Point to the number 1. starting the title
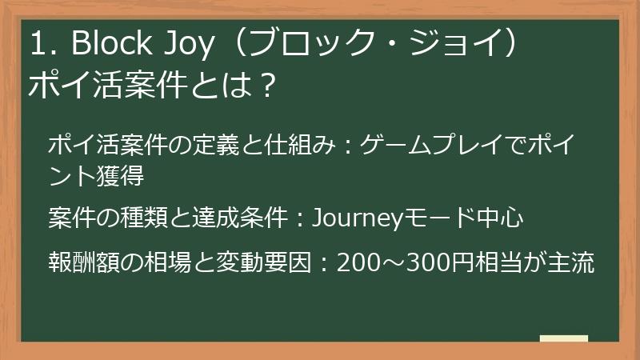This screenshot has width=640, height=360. click(x=40, y=46)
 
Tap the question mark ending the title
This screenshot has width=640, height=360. click(x=269, y=84)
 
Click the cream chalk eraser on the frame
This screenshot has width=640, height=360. click(x=563, y=338)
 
